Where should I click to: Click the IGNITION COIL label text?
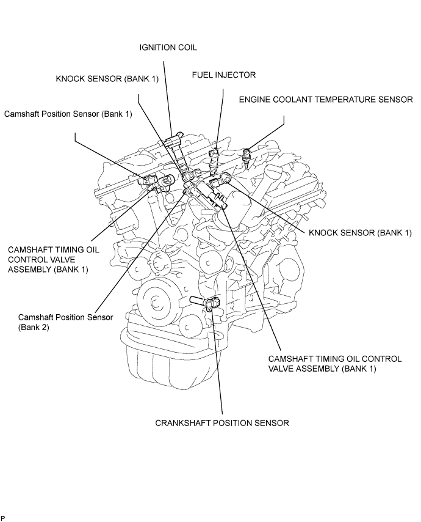coord(168,47)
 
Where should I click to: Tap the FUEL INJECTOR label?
coord(224,75)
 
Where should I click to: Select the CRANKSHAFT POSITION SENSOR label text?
coord(222,423)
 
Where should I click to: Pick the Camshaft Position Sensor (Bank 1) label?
coord(68,114)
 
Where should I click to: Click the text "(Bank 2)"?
coord(34,327)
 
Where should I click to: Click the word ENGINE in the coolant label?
coord(254,100)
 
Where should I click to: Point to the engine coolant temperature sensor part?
coord(247,156)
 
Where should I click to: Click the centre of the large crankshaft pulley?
coord(155,303)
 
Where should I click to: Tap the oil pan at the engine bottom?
coord(173,359)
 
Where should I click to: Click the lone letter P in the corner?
coord(2,518)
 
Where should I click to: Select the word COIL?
coord(187,47)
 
